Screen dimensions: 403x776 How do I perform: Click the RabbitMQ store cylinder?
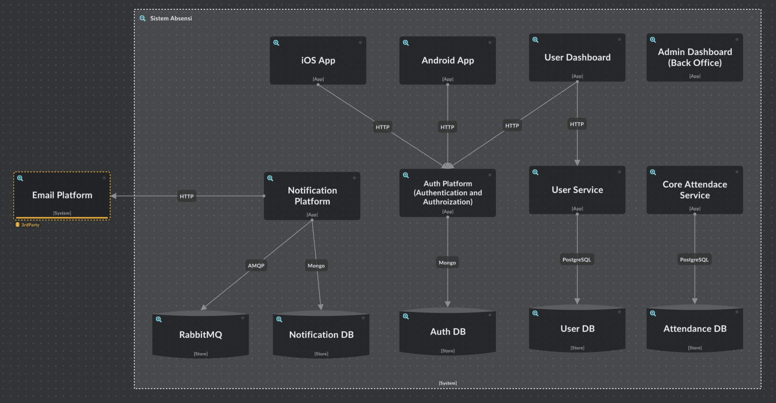(x=200, y=335)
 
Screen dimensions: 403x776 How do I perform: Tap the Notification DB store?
(x=321, y=335)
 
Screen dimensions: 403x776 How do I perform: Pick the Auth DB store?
(x=447, y=332)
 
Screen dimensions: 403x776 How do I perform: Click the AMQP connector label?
(x=256, y=266)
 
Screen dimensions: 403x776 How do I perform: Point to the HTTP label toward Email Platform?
(x=187, y=196)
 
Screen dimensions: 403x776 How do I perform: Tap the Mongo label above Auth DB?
(x=447, y=263)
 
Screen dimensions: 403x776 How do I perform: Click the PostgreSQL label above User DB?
(x=576, y=260)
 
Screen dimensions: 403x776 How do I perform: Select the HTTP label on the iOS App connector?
(x=382, y=127)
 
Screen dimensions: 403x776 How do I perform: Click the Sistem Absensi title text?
(x=171, y=18)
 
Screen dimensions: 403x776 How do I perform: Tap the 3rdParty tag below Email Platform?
(x=30, y=225)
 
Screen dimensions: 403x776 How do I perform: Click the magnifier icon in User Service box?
(x=536, y=172)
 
